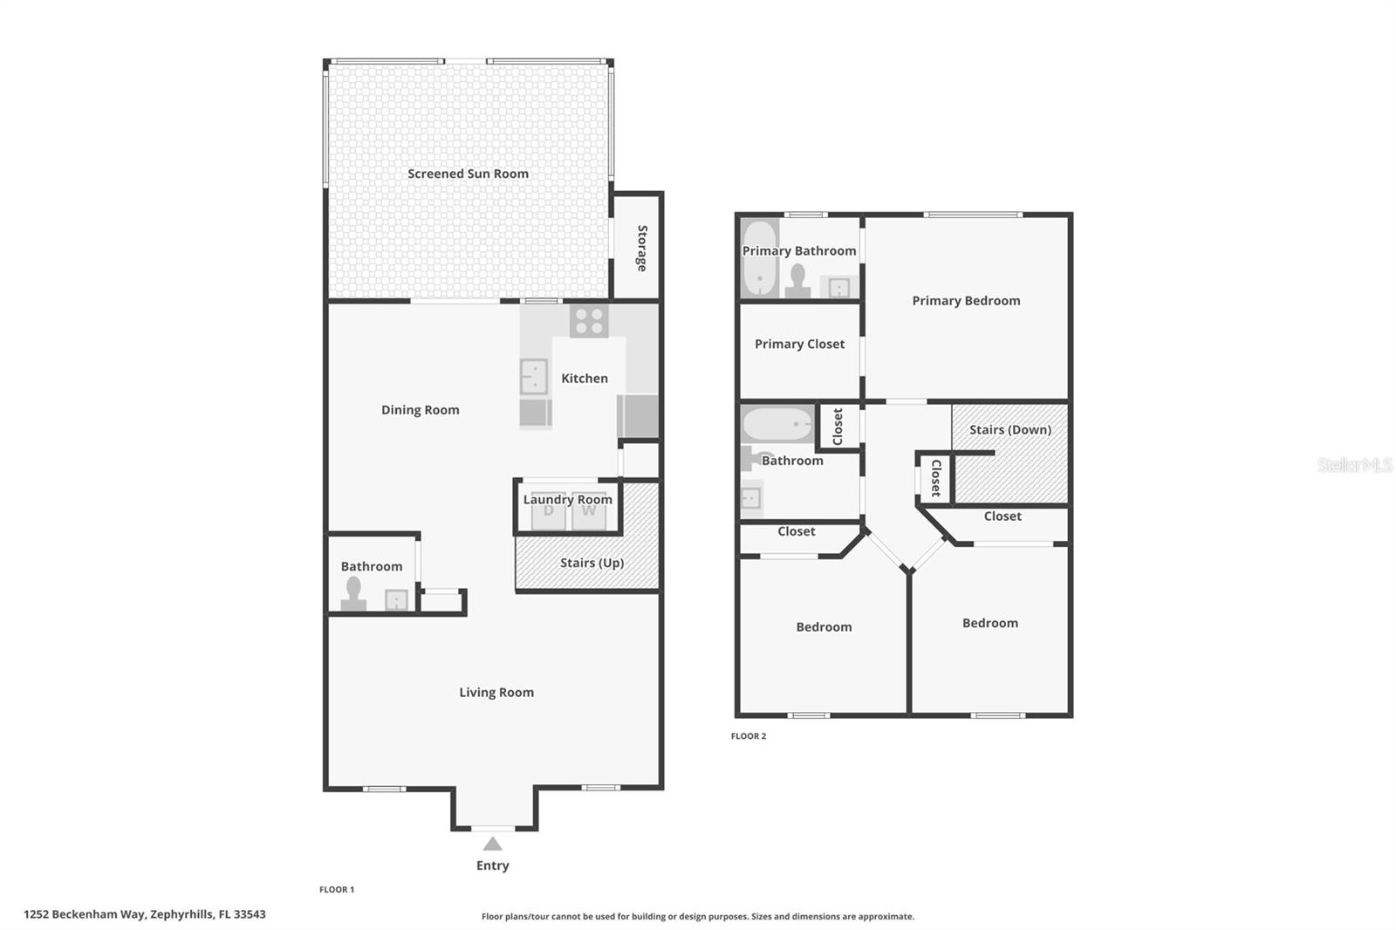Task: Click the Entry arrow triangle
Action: click(492, 844)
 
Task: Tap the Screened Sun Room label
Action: click(468, 174)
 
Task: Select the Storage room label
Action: click(641, 249)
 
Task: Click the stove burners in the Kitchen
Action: click(589, 322)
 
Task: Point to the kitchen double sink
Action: click(533, 377)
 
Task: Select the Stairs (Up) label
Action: click(592, 563)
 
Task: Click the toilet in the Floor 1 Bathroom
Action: click(353, 593)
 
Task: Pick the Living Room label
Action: click(496, 693)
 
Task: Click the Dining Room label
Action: click(420, 410)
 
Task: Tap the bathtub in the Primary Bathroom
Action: click(759, 258)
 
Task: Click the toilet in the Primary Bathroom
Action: click(797, 281)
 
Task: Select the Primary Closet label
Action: click(799, 345)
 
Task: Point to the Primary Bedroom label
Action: click(966, 301)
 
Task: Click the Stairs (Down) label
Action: click(1009, 430)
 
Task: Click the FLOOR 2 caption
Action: click(749, 736)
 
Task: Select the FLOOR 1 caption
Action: click(337, 890)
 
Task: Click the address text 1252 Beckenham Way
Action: click(144, 914)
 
